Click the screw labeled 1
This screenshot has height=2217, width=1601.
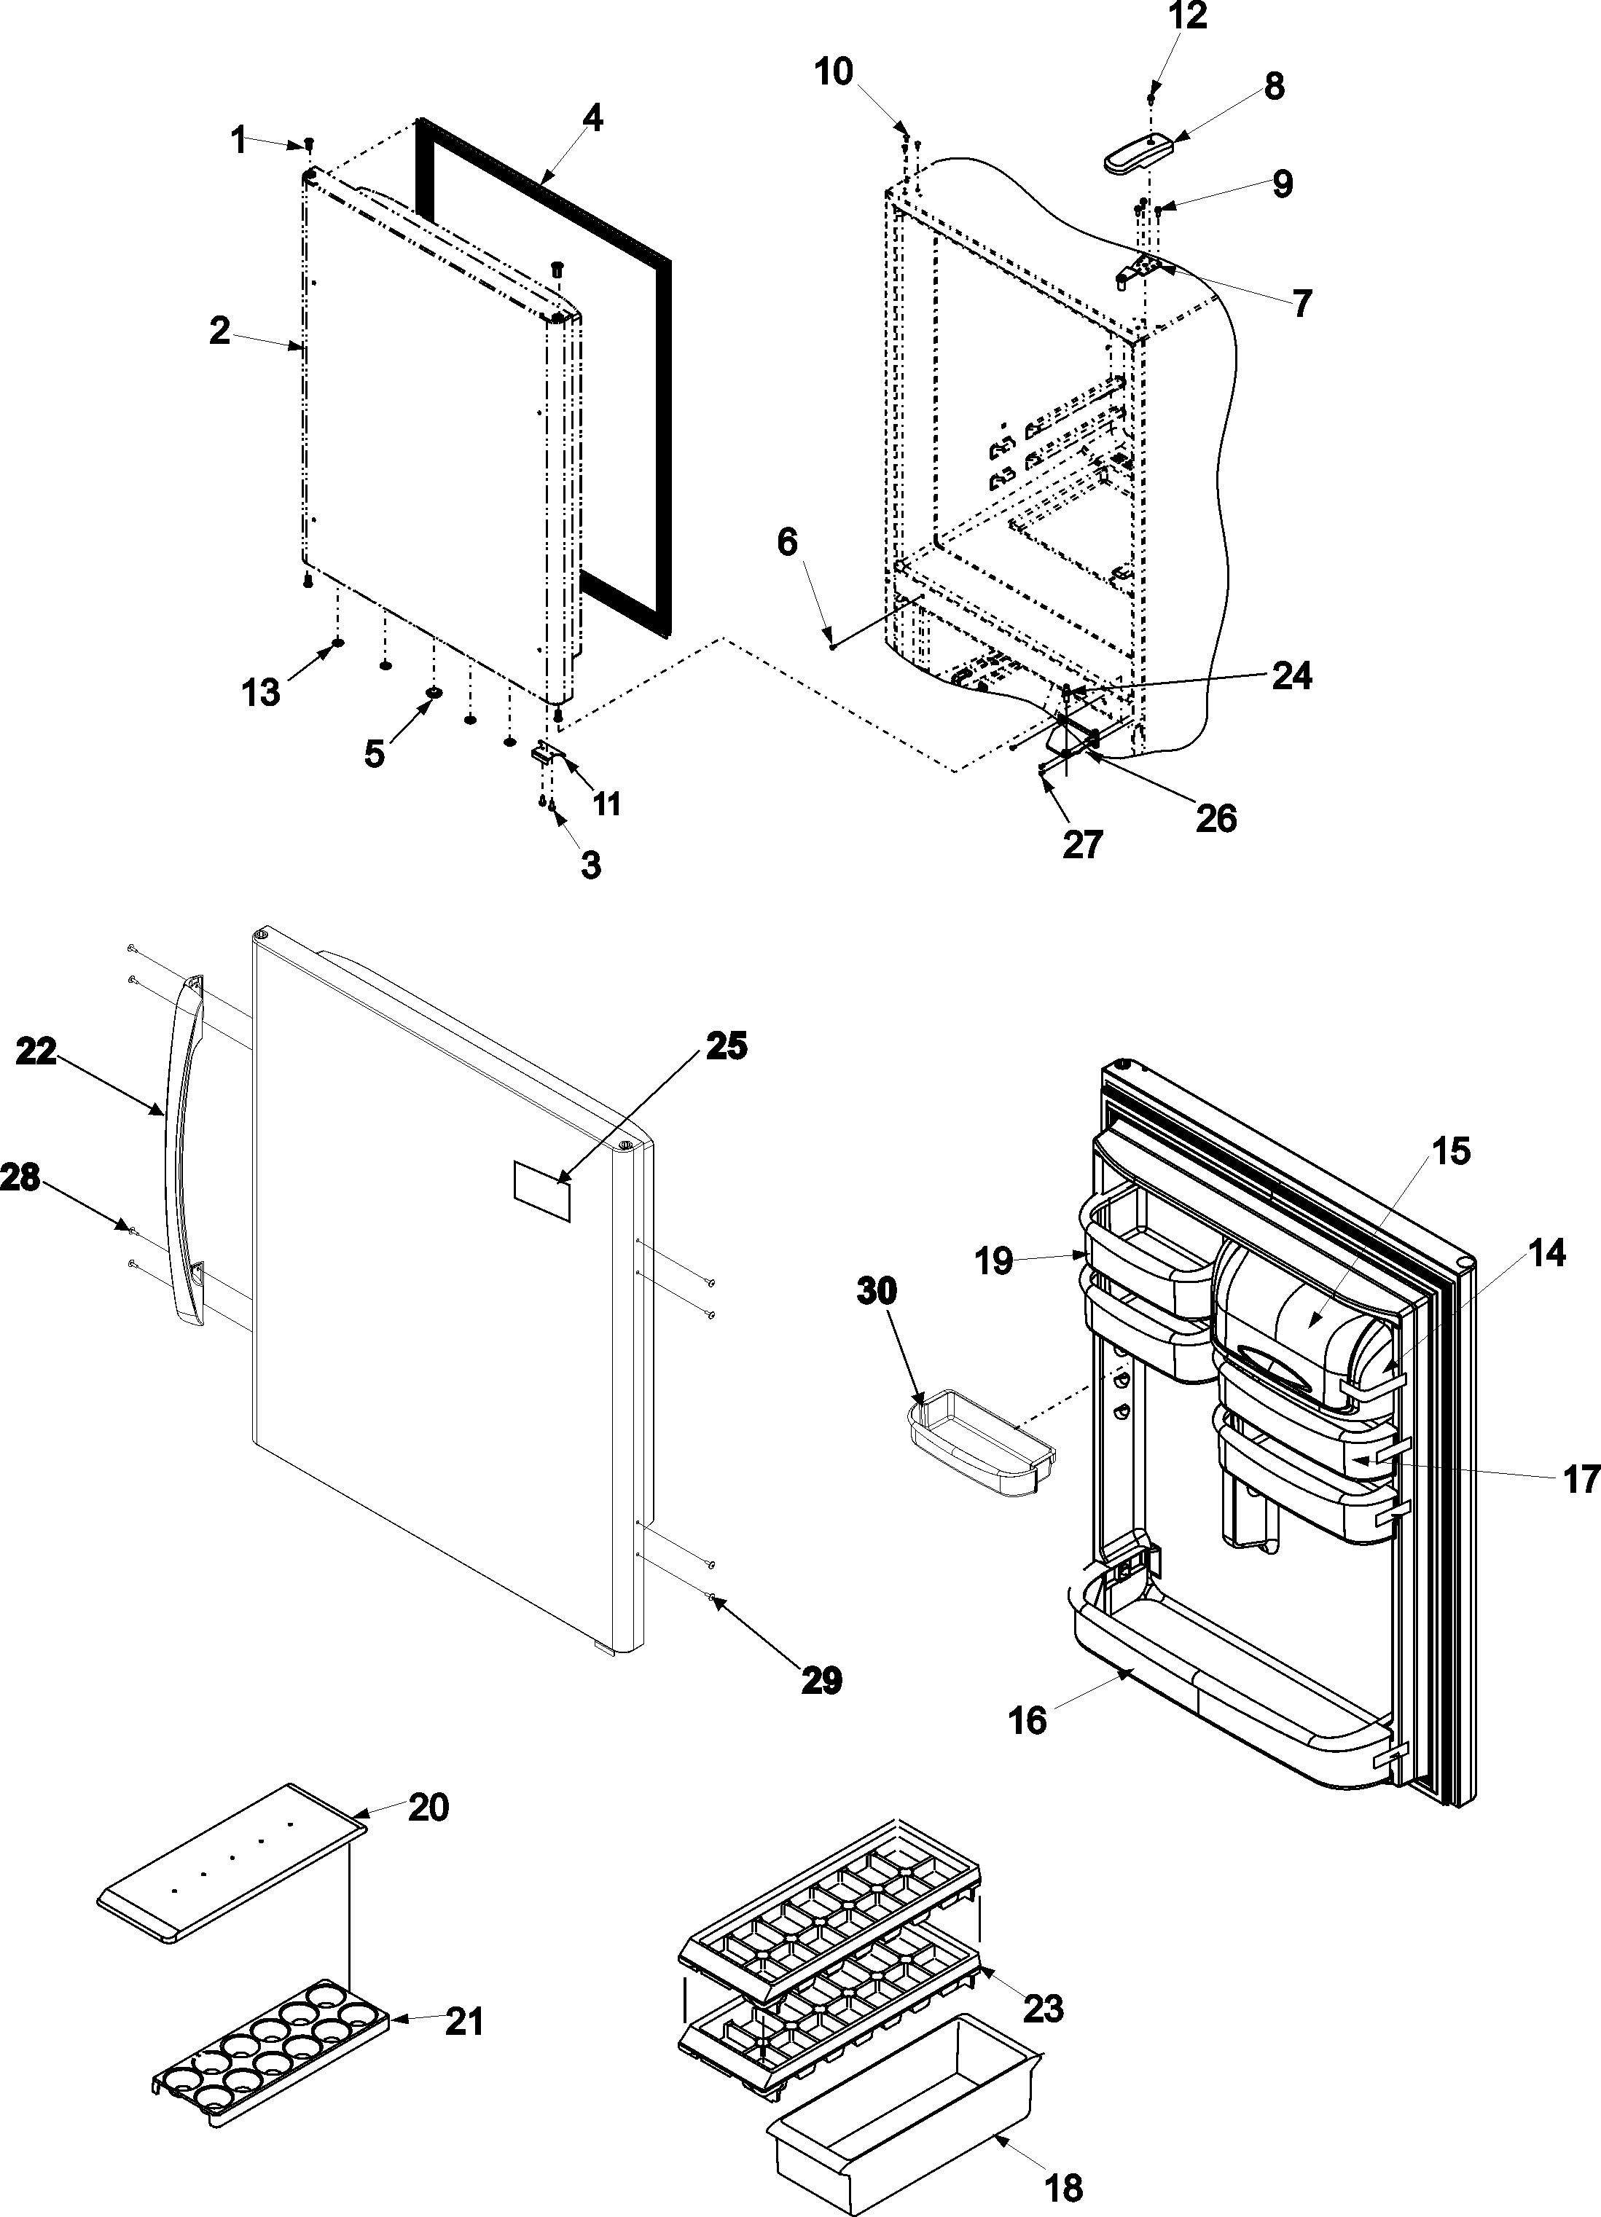tap(309, 144)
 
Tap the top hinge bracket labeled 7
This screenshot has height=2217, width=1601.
tap(1138, 267)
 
